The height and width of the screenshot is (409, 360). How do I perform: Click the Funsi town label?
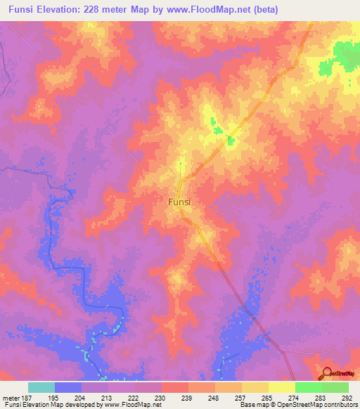coord(180,201)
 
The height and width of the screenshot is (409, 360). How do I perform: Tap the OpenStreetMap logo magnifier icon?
coord(326,375)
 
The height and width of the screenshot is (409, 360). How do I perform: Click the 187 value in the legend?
coord(27,397)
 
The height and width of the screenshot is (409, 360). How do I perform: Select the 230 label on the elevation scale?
coord(160,397)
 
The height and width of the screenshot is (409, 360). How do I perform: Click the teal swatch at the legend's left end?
coord(41,387)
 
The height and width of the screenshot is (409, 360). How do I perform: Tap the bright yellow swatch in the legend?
coord(281,387)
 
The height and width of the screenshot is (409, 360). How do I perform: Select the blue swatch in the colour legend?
coord(68,387)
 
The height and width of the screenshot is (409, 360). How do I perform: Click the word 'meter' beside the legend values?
coord(10,397)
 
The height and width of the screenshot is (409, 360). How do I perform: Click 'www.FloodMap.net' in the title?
coord(209,10)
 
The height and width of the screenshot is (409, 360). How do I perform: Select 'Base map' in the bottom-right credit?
coord(253,405)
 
